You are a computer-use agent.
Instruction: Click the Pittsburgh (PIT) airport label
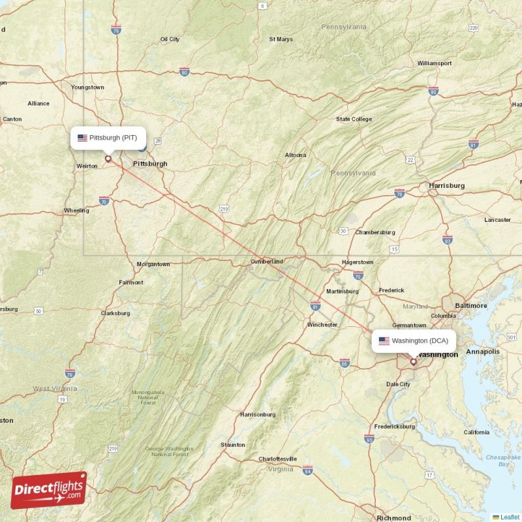click(108, 138)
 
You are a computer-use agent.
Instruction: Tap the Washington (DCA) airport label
click(414, 341)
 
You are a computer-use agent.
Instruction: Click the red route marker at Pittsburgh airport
click(108, 157)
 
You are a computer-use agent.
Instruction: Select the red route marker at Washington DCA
click(413, 361)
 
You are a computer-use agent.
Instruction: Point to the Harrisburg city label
click(446, 185)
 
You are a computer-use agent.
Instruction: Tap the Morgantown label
click(153, 264)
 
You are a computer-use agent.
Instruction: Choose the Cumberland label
click(267, 262)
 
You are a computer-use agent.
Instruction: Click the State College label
click(354, 119)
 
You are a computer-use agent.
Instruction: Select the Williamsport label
click(435, 63)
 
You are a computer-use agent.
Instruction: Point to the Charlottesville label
click(277, 459)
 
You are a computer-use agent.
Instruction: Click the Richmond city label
click(394, 518)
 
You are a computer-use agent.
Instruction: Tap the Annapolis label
click(483, 351)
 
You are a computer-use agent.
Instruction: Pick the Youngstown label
click(87, 87)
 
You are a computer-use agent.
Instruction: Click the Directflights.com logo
click(49, 490)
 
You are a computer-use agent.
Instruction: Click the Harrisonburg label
click(258, 414)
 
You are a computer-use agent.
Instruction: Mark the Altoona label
click(295, 155)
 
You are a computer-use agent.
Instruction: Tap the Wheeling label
click(77, 211)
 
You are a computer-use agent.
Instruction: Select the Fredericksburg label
click(394, 426)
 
